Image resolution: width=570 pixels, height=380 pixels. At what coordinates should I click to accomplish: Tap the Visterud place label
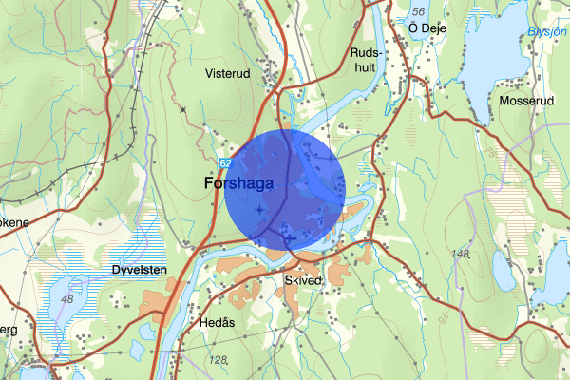pos(226,71)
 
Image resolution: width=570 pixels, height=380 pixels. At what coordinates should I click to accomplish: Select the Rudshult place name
pos(365,61)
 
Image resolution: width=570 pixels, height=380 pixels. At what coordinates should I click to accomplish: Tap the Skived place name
pos(303,280)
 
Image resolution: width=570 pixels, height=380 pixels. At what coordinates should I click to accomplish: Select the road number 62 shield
pos(222,162)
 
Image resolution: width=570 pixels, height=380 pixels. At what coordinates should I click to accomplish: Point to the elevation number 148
pos(462,254)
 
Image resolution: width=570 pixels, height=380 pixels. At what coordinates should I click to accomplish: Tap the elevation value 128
pos(218,359)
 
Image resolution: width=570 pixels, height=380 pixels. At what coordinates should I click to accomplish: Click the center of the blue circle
pos(284,190)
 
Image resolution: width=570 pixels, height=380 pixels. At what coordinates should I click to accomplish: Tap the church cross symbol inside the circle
pos(259,207)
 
